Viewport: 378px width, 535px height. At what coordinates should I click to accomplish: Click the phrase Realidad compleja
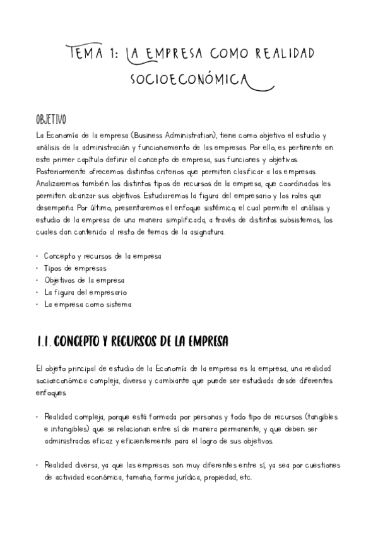(74, 417)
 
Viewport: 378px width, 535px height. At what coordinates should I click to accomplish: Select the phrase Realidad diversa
(71, 465)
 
